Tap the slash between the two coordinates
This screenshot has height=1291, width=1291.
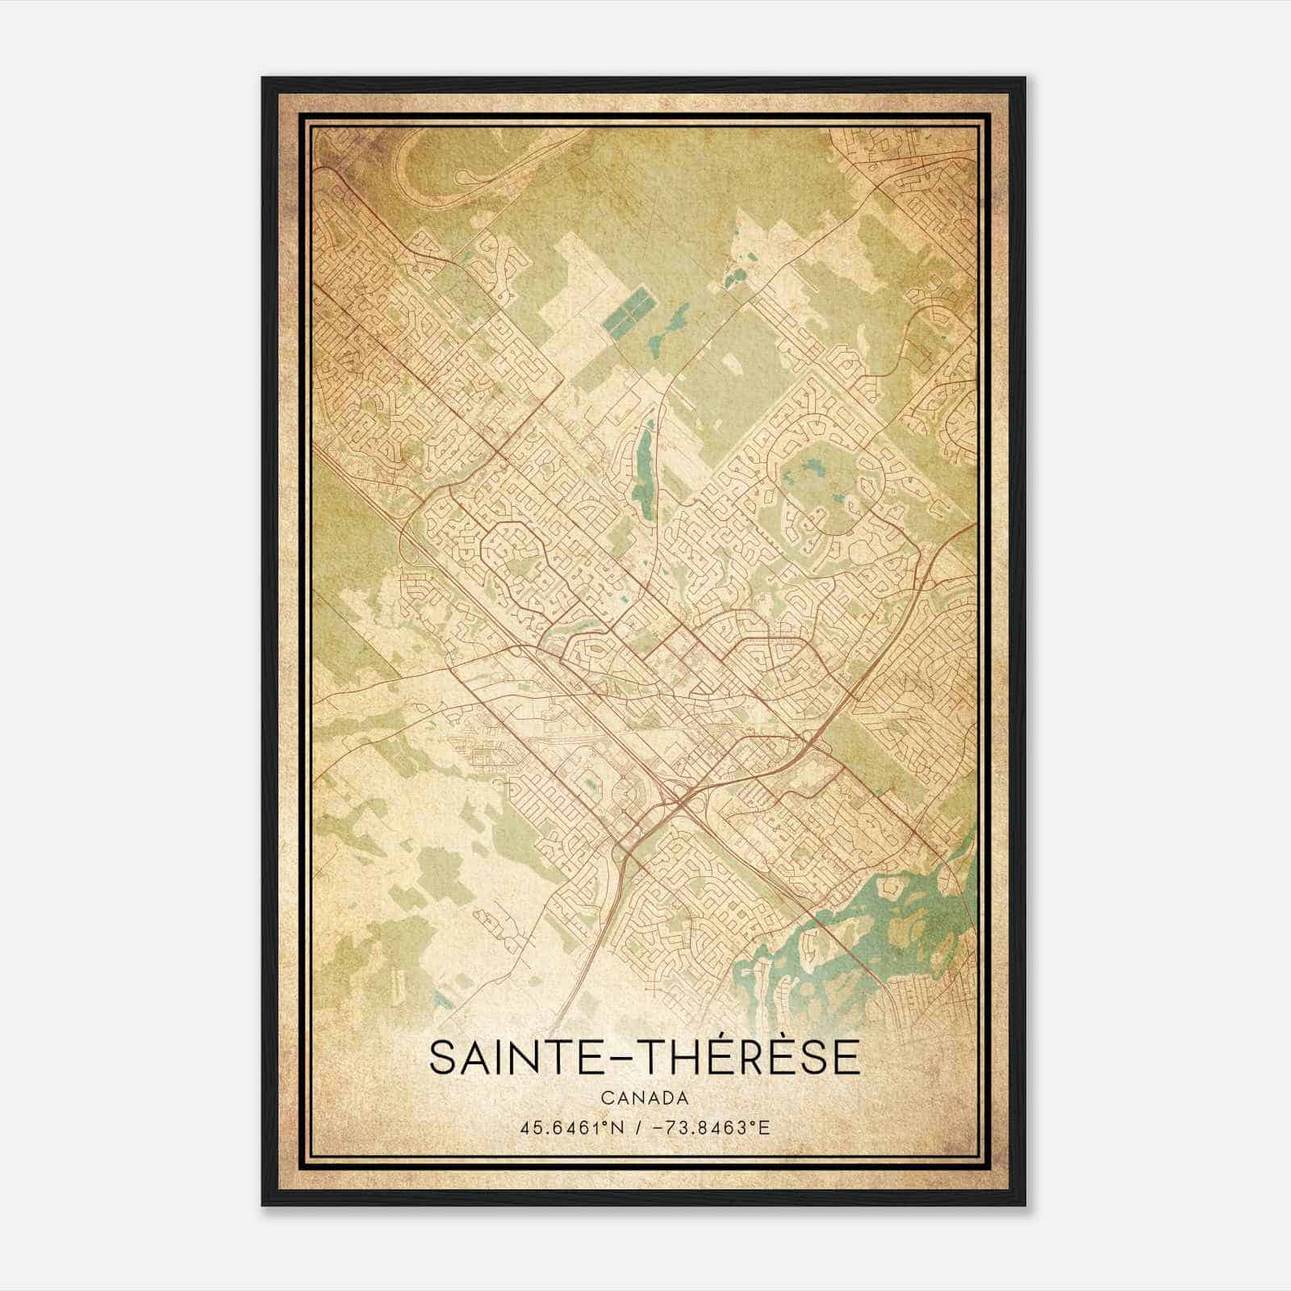[x=638, y=1127]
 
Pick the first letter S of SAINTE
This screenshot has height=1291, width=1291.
[x=442, y=1057]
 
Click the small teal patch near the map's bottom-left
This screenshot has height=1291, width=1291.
[x=442, y=1001]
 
